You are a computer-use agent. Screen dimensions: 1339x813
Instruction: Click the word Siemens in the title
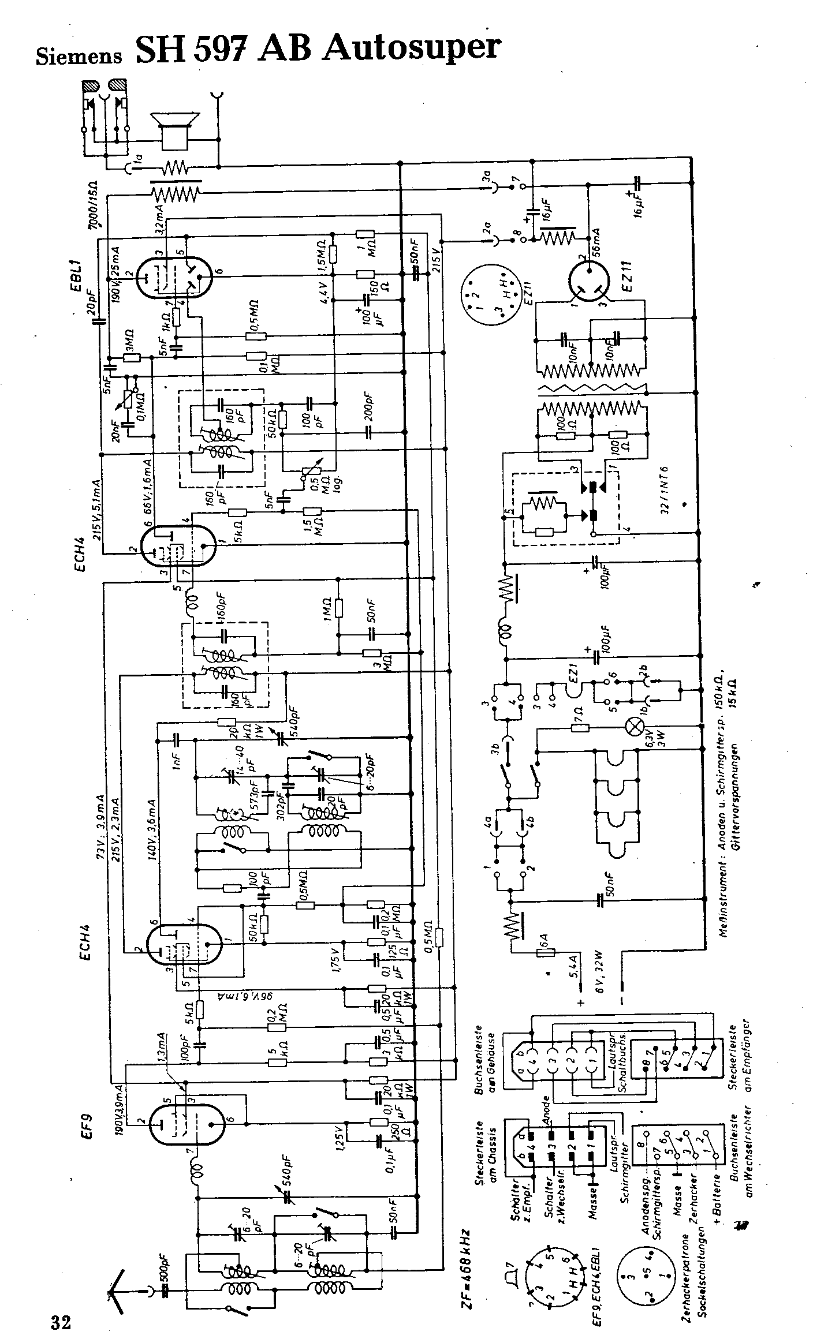coord(79,56)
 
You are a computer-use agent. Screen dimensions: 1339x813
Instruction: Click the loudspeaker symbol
coord(174,128)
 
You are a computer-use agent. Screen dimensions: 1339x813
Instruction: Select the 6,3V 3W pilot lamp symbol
coord(635,727)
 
